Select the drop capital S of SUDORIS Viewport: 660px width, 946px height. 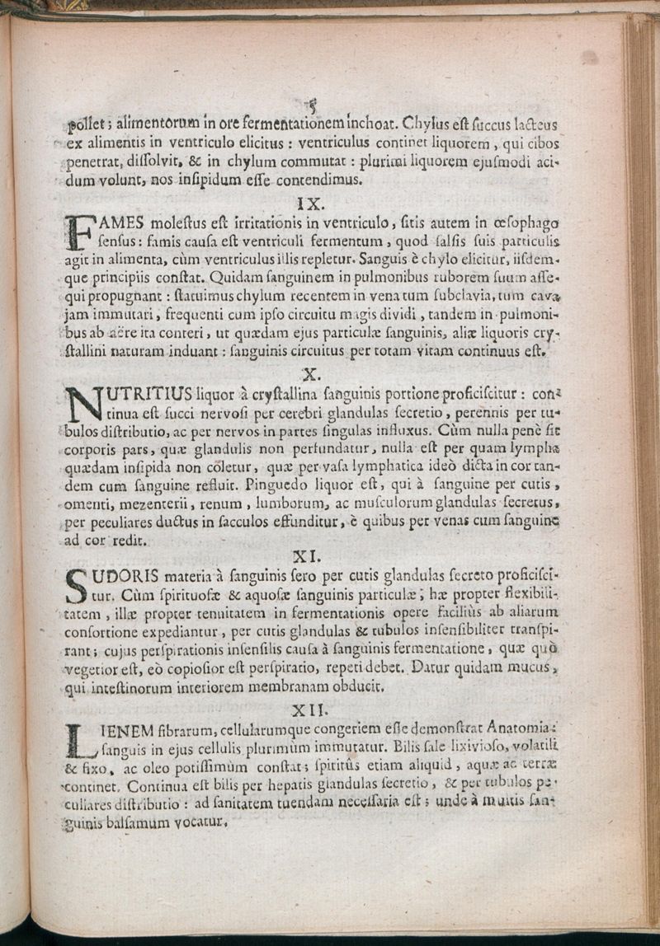pyautogui.click(x=76, y=585)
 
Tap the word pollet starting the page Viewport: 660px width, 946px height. pyautogui.click(x=85, y=126)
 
